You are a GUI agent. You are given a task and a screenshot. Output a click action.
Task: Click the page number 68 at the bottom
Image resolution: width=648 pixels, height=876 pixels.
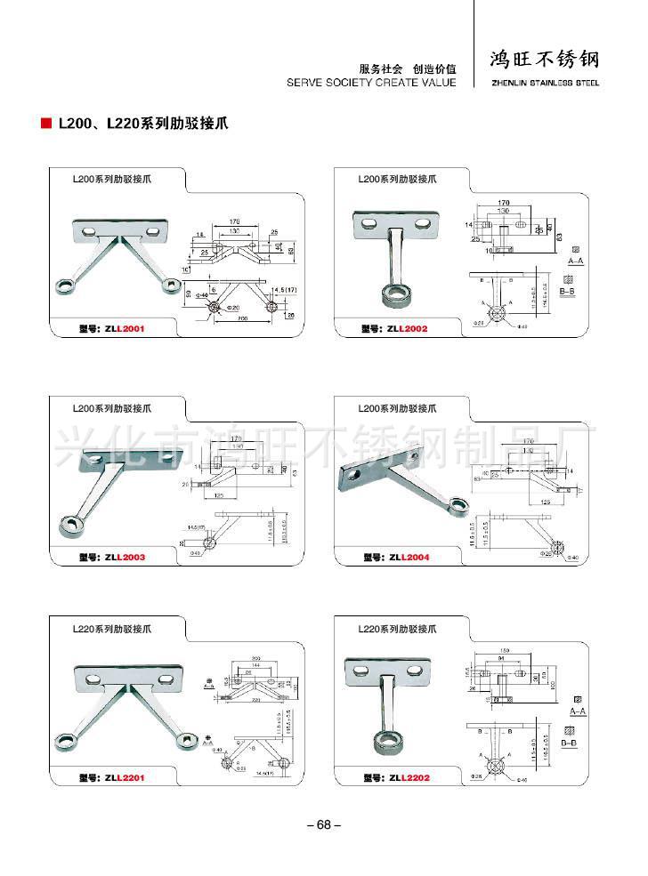(323, 824)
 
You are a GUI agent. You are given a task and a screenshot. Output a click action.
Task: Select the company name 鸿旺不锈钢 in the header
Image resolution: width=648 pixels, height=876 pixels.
(545, 60)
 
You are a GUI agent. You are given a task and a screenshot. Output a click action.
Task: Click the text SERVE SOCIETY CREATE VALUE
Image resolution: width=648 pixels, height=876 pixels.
(371, 82)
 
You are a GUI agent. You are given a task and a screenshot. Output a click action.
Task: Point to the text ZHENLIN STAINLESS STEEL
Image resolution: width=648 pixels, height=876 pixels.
(545, 83)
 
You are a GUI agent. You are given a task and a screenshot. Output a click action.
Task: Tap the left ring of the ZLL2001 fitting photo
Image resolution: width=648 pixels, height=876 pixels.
(66, 285)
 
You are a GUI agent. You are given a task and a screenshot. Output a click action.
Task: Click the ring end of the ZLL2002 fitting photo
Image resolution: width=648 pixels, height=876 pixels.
(387, 293)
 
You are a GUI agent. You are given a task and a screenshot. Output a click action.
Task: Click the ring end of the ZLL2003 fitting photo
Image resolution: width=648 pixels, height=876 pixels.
(69, 524)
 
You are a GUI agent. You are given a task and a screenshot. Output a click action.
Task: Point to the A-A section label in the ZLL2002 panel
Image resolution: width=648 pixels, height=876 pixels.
(576, 262)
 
